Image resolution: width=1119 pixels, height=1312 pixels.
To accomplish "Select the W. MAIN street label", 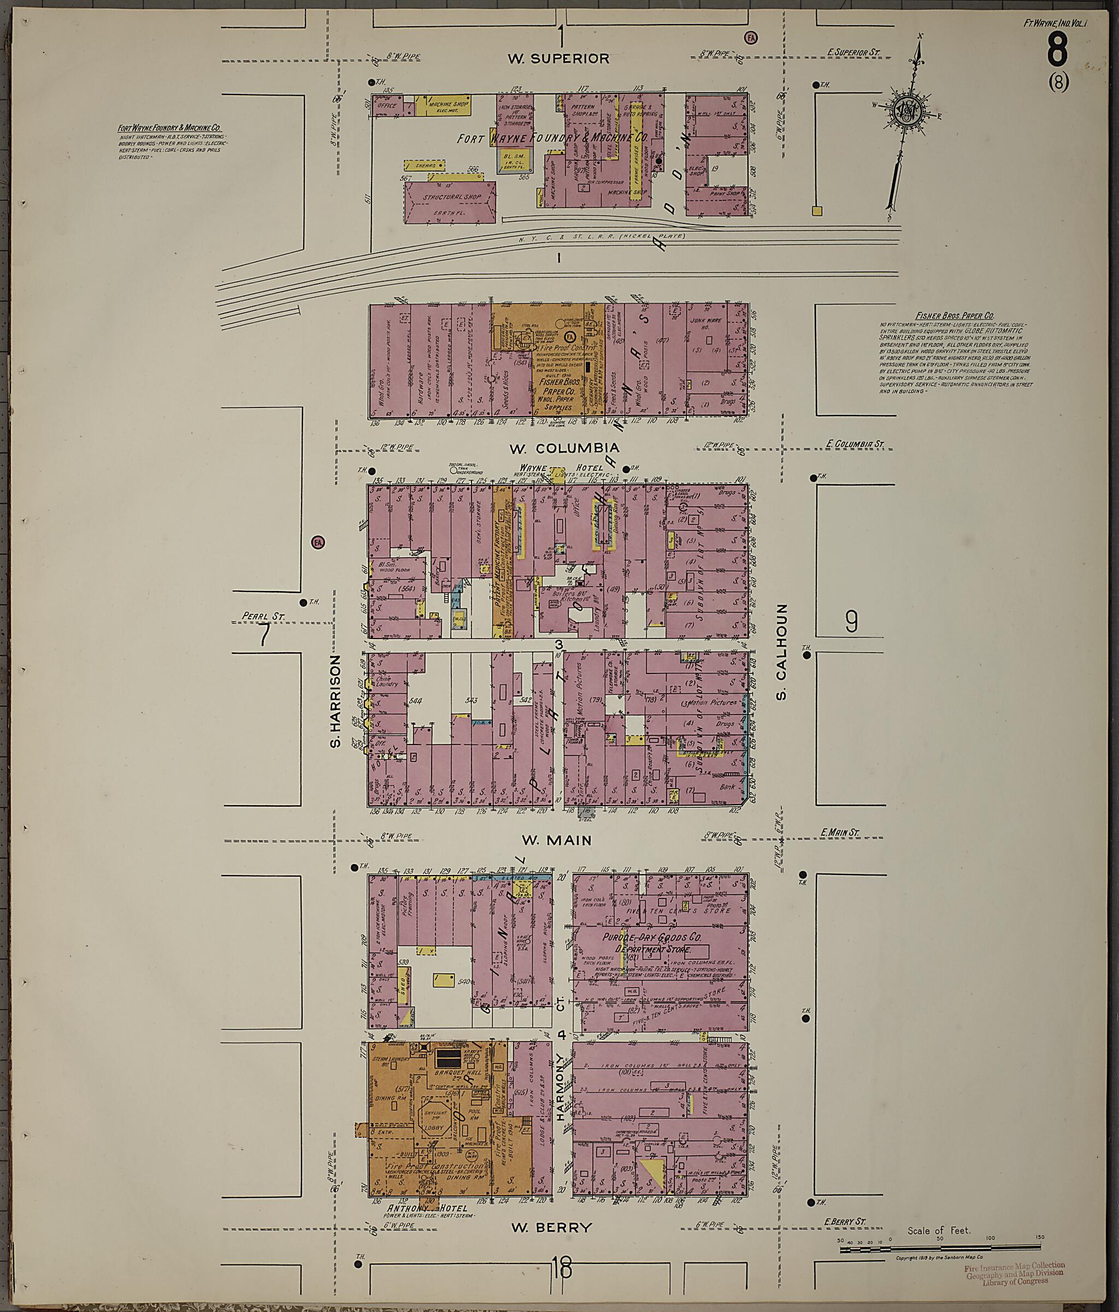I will point(556,840).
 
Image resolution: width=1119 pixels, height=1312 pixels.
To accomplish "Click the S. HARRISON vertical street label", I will point(335,701).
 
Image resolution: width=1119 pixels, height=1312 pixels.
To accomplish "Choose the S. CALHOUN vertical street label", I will point(781,651).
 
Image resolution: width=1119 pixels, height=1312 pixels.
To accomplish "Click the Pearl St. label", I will point(263,616).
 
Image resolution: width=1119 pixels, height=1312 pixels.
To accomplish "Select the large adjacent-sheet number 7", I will point(263,635).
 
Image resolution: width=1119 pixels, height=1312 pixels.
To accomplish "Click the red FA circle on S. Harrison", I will point(317,542).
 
